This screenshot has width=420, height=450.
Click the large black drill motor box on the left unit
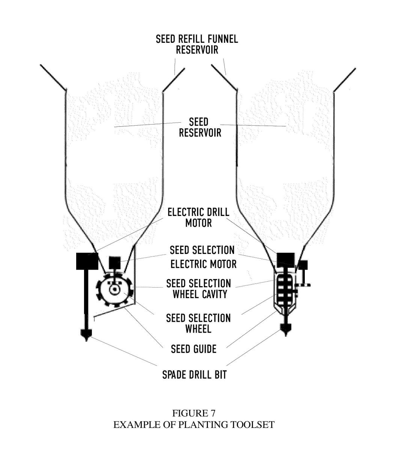click(87, 261)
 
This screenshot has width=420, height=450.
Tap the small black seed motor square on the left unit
click(114, 262)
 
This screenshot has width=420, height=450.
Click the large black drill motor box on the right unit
click(286, 260)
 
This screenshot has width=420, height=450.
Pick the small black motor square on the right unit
click(303, 265)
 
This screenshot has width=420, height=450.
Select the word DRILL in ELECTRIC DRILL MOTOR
click(217, 212)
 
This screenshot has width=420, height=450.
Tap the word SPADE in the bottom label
click(174, 375)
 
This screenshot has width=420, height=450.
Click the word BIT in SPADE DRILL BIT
click(220, 375)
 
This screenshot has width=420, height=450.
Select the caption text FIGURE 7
click(194, 413)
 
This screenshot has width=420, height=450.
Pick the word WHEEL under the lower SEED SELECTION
click(198, 329)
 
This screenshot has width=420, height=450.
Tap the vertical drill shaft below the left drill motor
click(86, 300)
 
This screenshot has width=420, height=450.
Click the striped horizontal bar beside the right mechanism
click(303, 285)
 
